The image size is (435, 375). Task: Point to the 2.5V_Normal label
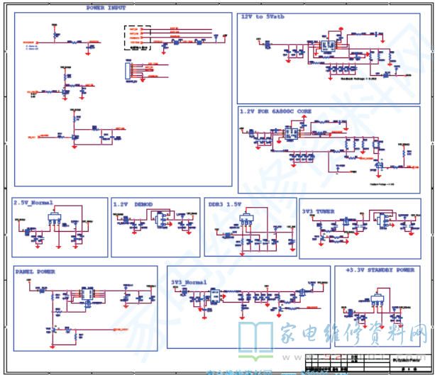point(33,202)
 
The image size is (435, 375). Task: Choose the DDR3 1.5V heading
point(225,203)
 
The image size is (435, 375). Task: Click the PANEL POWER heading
point(35,271)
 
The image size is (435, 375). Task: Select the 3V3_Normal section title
point(189,281)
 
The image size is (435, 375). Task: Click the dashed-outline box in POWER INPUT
point(138,38)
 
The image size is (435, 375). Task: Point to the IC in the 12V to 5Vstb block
point(328,47)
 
